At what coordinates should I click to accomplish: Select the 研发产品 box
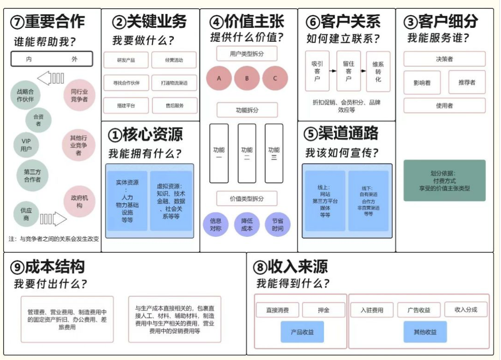point(125,60)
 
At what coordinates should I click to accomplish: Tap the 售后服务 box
point(174,106)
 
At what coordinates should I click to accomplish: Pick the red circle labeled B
point(247,78)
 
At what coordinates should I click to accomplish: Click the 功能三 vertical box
point(274,153)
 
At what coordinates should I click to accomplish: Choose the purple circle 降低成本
point(247,225)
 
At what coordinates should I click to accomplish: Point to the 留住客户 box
point(349,71)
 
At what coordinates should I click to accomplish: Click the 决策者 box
point(444,59)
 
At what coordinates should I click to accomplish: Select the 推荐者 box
point(467,82)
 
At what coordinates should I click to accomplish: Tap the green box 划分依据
point(444,180)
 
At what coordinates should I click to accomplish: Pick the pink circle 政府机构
point(79,201)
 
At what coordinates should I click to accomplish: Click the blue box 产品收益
point(302,332)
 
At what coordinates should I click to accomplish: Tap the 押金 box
point(323,310)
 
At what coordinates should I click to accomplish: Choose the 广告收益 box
point(418,310)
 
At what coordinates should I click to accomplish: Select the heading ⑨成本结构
point(48,267)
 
